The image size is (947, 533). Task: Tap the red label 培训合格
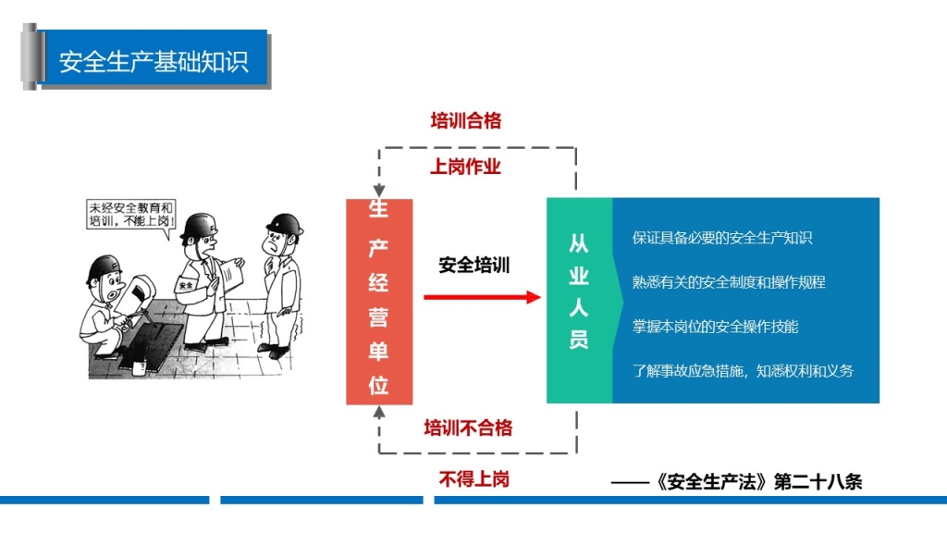[x=466, y=120]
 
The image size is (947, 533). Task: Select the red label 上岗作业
[x=466, y=167]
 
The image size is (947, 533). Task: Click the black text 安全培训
[x=474, y=265]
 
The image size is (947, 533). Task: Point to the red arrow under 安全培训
[x=482, y=297]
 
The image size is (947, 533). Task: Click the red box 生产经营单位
[x=379, y=302]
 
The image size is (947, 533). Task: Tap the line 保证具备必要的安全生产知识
[x=721, y=238]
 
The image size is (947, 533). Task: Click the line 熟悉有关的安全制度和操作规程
[x=729, y=282]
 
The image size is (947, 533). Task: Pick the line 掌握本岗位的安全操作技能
[x=715, y=327]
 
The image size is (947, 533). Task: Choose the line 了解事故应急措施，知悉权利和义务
[x=743, y=371]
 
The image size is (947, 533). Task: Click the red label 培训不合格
[x=468, y=428]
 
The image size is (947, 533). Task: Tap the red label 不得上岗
[x=474, y=479]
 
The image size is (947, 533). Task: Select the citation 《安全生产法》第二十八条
[x=758, y=481]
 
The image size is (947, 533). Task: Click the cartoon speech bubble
[x=131, y=216]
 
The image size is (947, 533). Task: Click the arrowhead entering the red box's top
[x=378, y=191]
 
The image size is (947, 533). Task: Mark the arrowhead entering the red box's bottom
[x=378, y=412]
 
